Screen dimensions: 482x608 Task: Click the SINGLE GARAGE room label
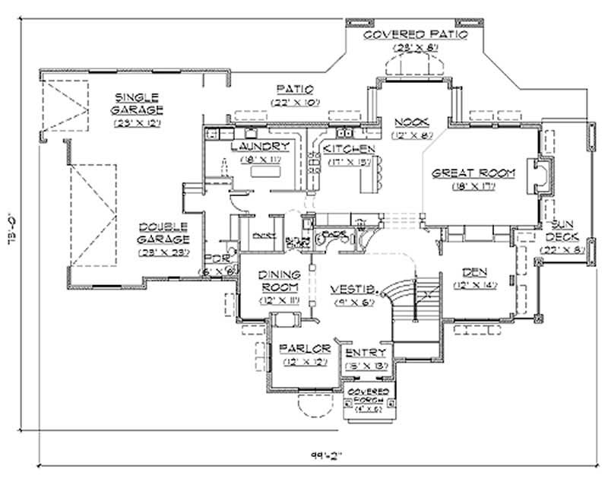[x=137, y=102]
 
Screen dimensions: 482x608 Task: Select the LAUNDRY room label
[x=261, y=147]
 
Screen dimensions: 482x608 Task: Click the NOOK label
[x=413, y=122]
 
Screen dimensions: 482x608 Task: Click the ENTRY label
[x=366, y=354]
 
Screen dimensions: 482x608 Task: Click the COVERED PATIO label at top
[x=414, y=34]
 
